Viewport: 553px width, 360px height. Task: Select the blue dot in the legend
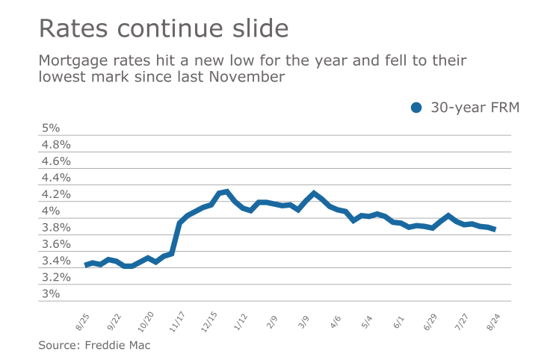pyautogui.click(x=417, y=108)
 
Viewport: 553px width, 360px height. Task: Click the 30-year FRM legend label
pyautogui.click(x=475, y=108)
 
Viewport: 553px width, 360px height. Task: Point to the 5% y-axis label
pyautogui.click(x=49, y=128)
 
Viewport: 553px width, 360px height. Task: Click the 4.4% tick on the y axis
pyautogui.click(x=55, y=178)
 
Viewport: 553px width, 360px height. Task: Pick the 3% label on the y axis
pyautogui.click(x=49, y=294)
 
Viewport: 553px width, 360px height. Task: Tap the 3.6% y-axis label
pyautogui.click(x=55, y=244)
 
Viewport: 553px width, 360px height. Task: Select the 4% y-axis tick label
pyautogui.click(x=49, y=211)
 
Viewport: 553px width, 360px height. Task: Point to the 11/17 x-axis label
pyautogui.click(x=177, y=322)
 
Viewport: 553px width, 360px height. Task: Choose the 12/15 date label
pyautogui.click(x=209, y=322)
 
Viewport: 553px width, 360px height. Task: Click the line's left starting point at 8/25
pyautogui.click(x=87, y=265)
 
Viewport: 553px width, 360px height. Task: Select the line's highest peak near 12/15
pyautogui.click(x=226, y=192)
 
